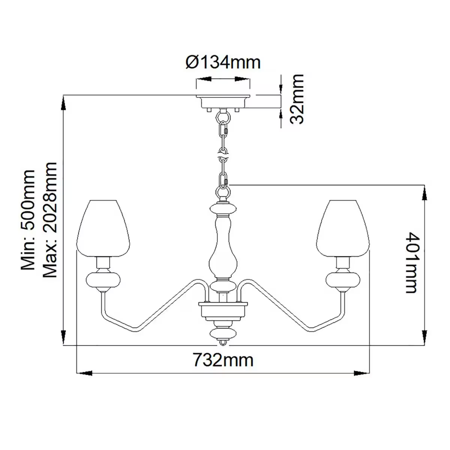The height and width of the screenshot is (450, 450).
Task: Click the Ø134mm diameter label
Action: click(223, 62)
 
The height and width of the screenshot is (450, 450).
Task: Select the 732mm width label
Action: click(223, 360)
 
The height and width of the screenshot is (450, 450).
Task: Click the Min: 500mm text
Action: click(28, 219)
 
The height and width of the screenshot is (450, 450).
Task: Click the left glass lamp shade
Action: click(103, 228)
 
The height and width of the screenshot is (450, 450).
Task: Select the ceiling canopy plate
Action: click(223, 102)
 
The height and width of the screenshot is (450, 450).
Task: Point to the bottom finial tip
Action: click(223, 343)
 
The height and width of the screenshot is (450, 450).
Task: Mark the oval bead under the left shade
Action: click(103, 280)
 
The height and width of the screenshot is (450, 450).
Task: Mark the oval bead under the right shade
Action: click(343, 280)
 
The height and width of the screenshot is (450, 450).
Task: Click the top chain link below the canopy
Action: click(223, 116)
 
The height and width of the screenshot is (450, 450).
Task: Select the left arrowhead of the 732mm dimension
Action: click(84, 373)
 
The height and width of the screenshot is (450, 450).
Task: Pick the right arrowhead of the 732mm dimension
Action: click(362, 373)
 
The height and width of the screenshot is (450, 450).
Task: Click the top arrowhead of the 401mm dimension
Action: click(424, 193)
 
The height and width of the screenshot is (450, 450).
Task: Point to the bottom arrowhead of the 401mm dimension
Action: click(424, 336)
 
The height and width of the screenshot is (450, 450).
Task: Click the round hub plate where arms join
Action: click(223, 309)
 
